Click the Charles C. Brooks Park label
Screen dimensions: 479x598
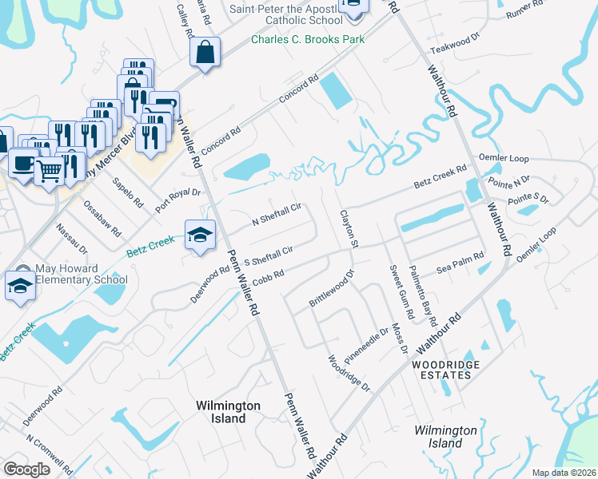(308, 39)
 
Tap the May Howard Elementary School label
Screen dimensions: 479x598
(82, 274)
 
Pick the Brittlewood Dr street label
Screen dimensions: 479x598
(331, 294)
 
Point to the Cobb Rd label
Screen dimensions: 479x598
(269, 276)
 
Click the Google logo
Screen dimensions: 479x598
(27, 469)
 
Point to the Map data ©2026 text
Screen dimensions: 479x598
(563, 473)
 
